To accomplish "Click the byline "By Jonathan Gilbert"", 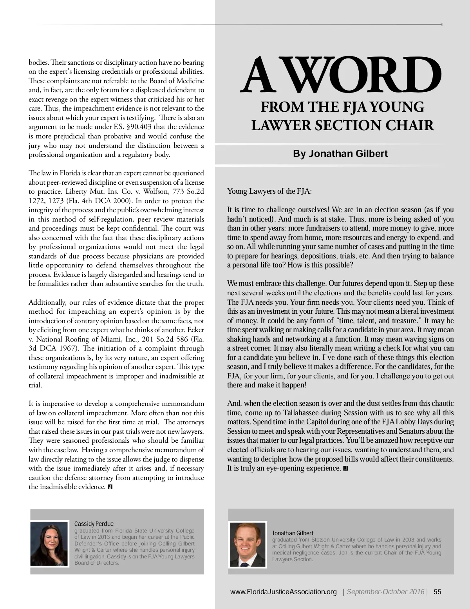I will tap(340, 153).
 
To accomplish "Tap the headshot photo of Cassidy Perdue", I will tap(49, 544).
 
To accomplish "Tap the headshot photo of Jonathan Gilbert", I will tap(248, 545).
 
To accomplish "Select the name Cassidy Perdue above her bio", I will tap(94, 524).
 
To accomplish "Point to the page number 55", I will tap(437, 592).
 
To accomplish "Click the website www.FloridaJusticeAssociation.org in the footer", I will tap(284, 592).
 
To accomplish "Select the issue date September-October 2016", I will tap(385, 592).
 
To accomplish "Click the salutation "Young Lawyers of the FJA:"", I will tap(269, 191).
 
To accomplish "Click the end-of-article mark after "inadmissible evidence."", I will tap(110, 487).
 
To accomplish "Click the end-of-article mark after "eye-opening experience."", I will tap(345, 468).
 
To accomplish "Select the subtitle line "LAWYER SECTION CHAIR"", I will tap(342, 125).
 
